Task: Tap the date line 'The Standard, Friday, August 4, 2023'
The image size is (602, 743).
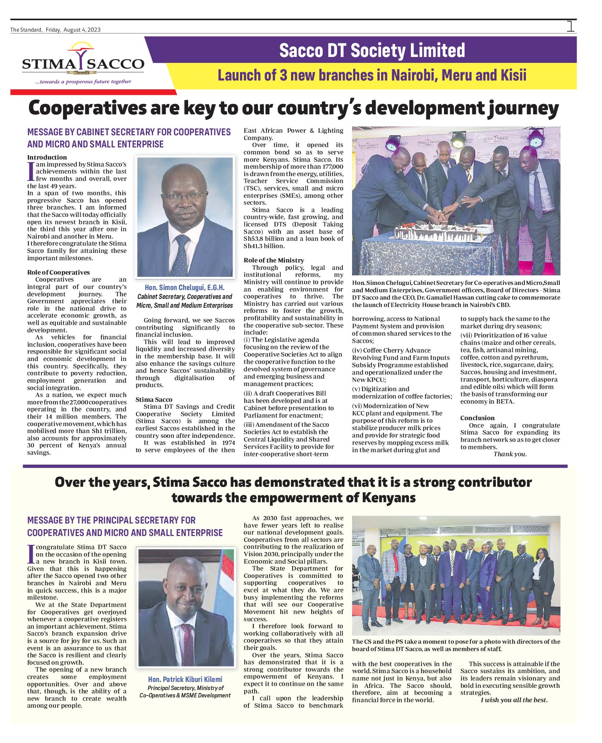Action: (55, 30)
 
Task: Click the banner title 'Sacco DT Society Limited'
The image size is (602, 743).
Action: (372, 50)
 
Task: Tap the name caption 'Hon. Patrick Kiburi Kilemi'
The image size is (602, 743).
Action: (185, 679)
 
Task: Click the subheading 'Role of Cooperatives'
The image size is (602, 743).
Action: (58, 272)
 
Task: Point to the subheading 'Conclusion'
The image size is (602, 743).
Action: (477, 418)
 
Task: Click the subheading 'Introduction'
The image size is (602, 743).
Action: (47, 157)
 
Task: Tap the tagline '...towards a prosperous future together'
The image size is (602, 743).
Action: (83, 82)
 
